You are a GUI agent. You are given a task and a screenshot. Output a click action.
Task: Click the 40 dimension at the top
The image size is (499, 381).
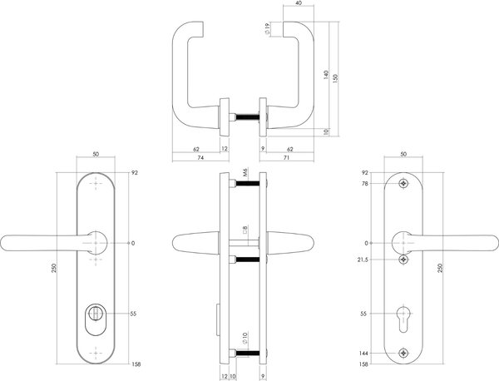tap(298, 4)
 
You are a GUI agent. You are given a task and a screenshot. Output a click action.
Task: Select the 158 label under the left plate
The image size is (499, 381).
tap(136, 363)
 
